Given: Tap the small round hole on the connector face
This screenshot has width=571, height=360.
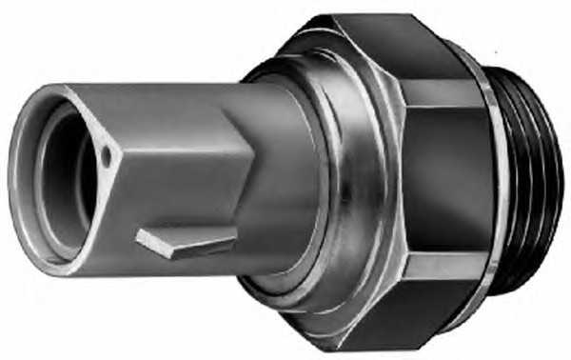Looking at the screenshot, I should point(108,154).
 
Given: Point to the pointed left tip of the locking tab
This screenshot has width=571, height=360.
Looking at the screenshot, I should point(140,235).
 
